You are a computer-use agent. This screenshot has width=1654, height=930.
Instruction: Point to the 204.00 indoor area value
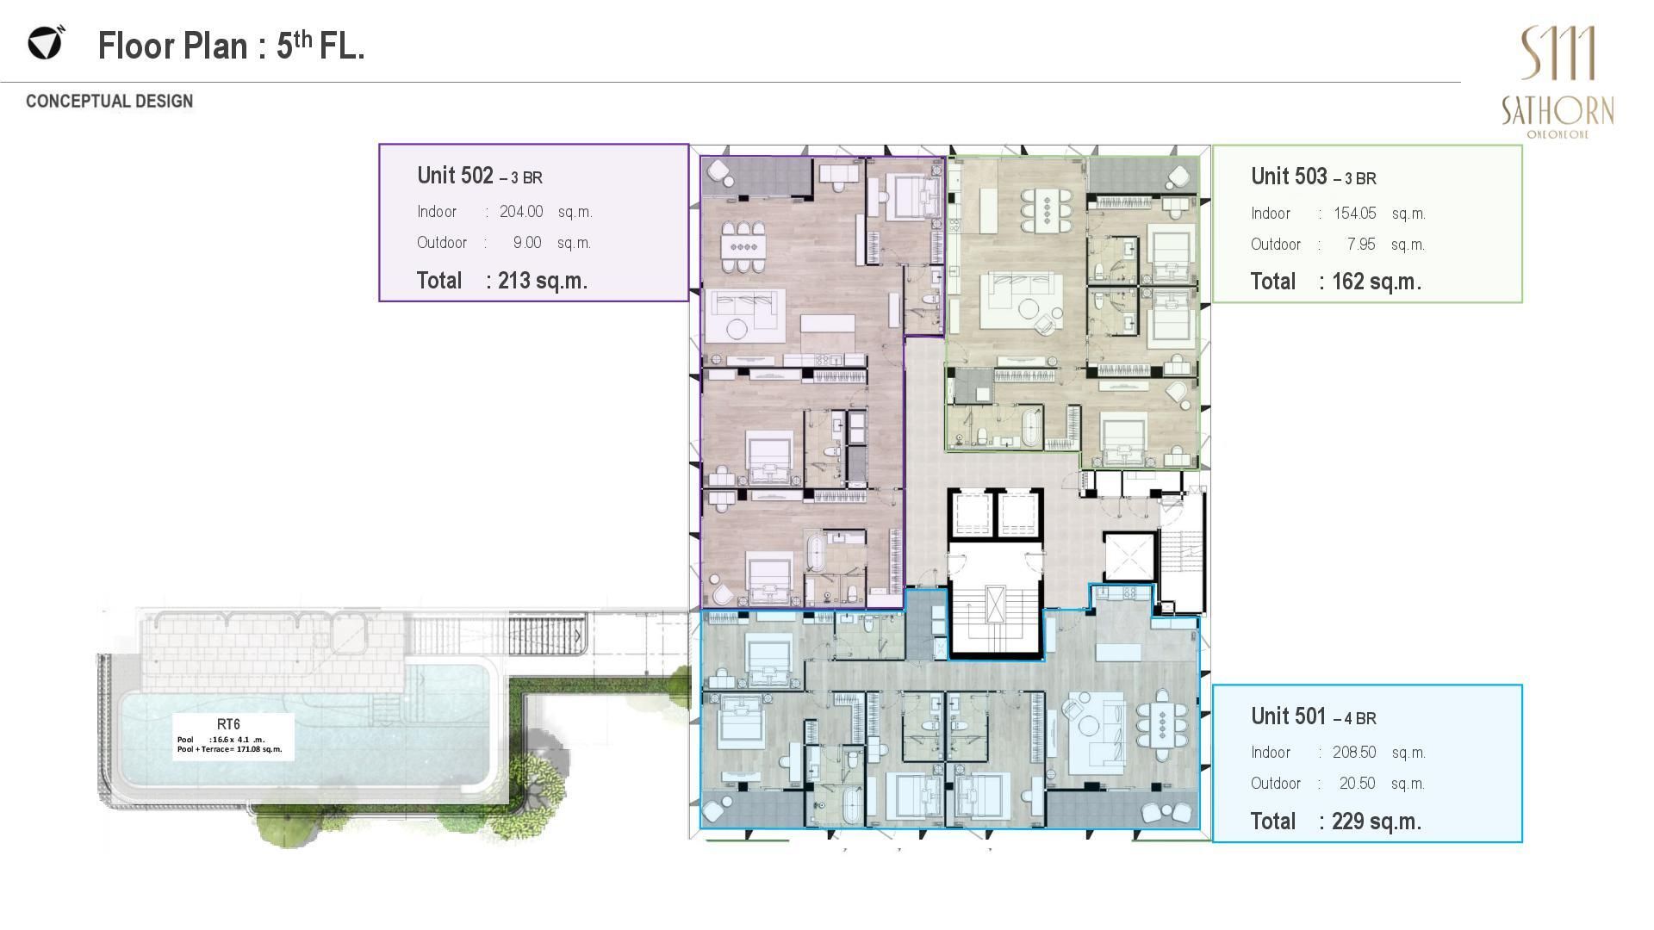[x=521, y=212]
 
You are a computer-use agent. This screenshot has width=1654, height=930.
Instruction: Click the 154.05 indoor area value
[x=1355, y=214]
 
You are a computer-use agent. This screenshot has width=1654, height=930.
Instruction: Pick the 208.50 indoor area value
[x=1354, y=753]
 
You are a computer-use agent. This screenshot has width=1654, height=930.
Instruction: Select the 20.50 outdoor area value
[x=1358, y=784]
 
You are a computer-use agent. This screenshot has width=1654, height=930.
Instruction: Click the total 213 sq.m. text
[x=502, y=281]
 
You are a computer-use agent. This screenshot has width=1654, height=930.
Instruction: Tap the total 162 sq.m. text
[x=1336, y=282]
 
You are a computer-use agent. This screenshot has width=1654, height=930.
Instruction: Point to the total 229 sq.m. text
[x=1336, y=821]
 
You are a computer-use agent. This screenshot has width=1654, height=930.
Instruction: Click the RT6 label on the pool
[x=228, y=724]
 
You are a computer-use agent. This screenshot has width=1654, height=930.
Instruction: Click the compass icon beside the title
[x=46, y=42]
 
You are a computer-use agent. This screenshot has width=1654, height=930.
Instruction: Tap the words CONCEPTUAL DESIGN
[x=109, y=101]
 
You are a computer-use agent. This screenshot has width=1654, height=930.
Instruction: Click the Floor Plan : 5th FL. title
[x=231, y=46]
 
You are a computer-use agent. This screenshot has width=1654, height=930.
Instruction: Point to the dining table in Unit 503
[x=1047, y=209]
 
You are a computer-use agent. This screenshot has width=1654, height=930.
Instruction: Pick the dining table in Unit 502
[x=743, y=246]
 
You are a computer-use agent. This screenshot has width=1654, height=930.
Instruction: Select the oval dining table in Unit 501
[x=1163, y=724]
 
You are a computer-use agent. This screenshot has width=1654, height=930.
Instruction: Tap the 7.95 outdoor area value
[x=1361, y=245]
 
